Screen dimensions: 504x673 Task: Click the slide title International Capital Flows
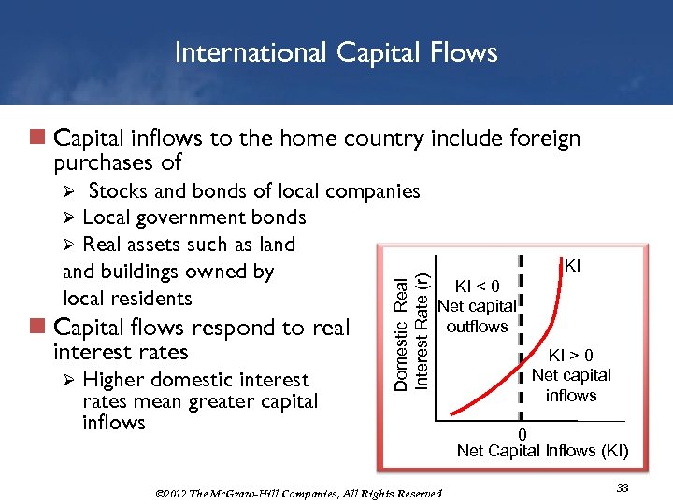(x=336, y=52)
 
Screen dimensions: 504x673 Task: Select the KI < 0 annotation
(x=477, y=286)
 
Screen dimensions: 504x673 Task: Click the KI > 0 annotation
(x=570, y=355)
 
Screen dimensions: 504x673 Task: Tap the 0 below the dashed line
(x=523, y=434)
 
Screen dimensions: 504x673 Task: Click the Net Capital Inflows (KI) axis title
(x=542, y=451)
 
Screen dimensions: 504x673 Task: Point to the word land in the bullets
(x=277, y=245)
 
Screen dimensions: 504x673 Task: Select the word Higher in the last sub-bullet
(x=117, y=380)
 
